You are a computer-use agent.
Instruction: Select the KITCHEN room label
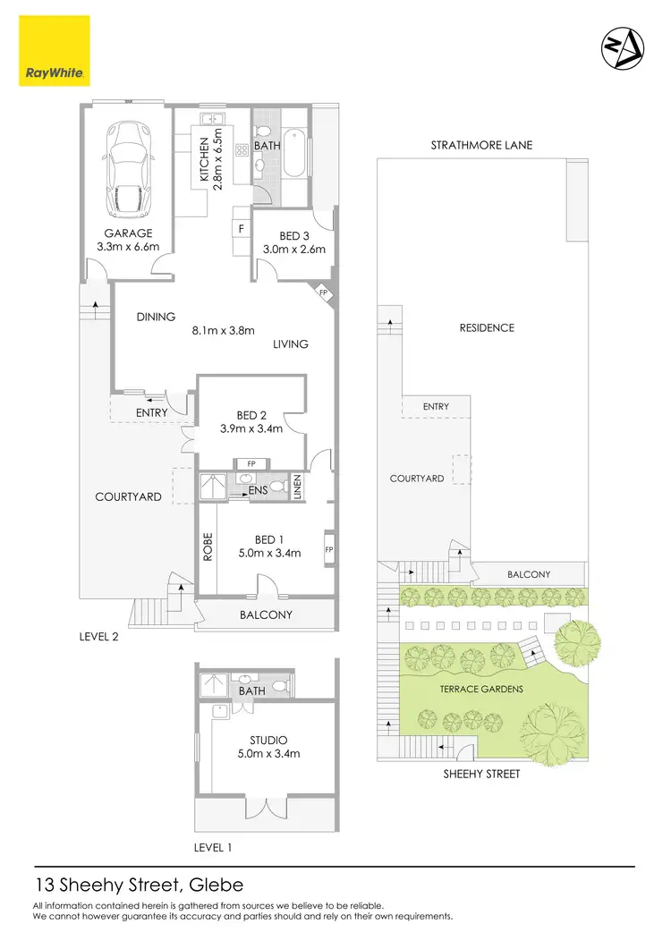tap(205, 160)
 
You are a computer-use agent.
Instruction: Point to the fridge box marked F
tap(240, 229)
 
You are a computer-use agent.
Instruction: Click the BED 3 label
tap(293, 235)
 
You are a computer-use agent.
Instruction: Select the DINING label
tap(156, 316)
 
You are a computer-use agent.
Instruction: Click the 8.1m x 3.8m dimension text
tap(224, 329)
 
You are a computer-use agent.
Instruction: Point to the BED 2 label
tap(252, 414)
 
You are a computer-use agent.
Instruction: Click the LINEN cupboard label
tap(298, 487)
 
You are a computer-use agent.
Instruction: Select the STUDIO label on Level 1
tap(268, 740)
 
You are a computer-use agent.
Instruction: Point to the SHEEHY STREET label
tap(482, 774)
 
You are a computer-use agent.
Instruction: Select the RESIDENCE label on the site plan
tap(486, 327)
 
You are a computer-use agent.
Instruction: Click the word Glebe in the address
tap(215, 886)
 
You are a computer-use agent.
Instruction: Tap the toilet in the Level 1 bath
tap(279, 686)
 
